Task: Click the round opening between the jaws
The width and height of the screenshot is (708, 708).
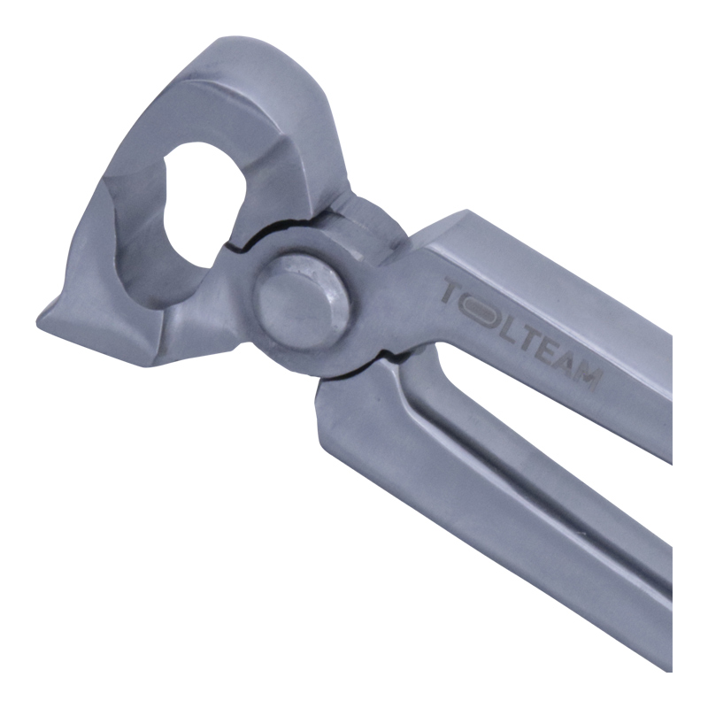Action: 204,204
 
